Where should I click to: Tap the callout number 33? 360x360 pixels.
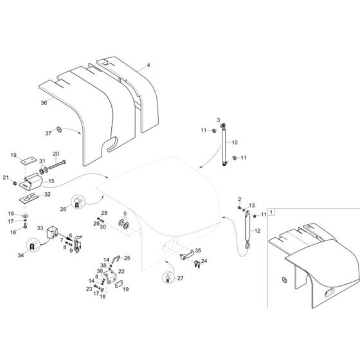pyautogui.click(x=40, y=228)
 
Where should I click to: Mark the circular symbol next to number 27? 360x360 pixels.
pyautogui.click(x=150, y=278)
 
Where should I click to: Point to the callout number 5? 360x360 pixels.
pyautogui.click(x=124, y=213)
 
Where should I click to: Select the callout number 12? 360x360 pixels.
pyautogui.click(x=257, y=231)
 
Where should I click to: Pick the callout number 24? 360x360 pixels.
pyautogui.click(x=204, y=261)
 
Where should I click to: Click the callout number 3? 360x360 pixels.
pyautogui.click(x=218, y=120)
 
